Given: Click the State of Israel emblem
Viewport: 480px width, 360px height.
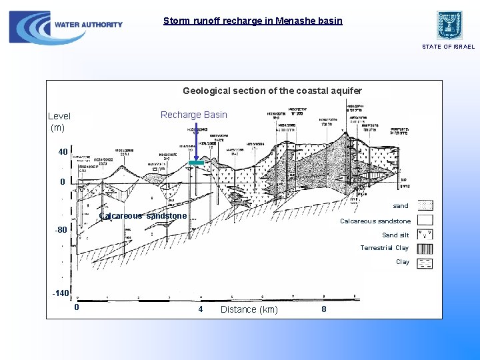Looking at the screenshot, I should (449, 25).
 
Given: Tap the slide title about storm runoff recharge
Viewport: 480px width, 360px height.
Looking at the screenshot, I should (253, 21).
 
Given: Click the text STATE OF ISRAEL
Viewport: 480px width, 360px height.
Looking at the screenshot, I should (449, 47).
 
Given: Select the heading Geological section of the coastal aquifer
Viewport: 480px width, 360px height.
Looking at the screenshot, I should (272, 91).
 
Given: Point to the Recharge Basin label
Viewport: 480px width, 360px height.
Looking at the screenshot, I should (194, 115).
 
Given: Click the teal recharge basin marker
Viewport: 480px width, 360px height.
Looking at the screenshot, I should (195, 163).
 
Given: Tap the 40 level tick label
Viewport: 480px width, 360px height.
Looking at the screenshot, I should (63, 152).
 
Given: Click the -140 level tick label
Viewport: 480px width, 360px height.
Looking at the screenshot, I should (61, 293).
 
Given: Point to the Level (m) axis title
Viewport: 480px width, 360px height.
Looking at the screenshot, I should (59, 121).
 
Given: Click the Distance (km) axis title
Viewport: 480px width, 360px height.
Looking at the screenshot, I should (249, 309).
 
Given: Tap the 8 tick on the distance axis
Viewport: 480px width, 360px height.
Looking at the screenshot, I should (324, 309).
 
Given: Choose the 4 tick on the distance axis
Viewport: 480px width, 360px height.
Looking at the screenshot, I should (200, 309).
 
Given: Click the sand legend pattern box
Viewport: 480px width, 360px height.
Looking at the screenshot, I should (425, 206).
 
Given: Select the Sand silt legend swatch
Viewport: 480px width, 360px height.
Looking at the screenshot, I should (425, 234).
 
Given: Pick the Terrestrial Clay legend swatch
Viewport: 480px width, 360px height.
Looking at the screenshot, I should (425, 248).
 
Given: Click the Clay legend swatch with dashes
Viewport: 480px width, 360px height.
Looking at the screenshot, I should (425, 263).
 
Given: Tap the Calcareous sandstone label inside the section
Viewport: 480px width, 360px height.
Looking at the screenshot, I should (143, 216).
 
